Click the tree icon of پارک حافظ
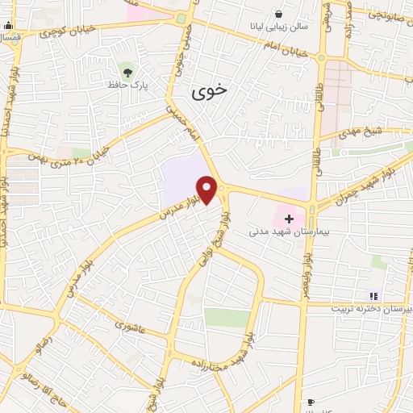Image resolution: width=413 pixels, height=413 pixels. click(x=124, y=69)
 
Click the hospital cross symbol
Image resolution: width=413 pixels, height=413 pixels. click(x=289, y=219)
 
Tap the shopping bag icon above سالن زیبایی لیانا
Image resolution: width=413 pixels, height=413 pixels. click(x=279, y=14)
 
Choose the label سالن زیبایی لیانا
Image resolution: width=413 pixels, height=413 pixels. click(x=278, y=27)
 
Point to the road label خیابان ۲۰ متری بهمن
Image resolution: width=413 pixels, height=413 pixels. click(x=78, y=142)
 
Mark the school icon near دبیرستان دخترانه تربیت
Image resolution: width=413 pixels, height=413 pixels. click(x=373, y=296)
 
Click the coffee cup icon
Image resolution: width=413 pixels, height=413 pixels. click(x=311, y=403)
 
